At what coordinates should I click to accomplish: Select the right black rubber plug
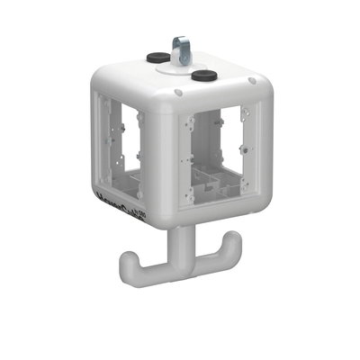point(205,75)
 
